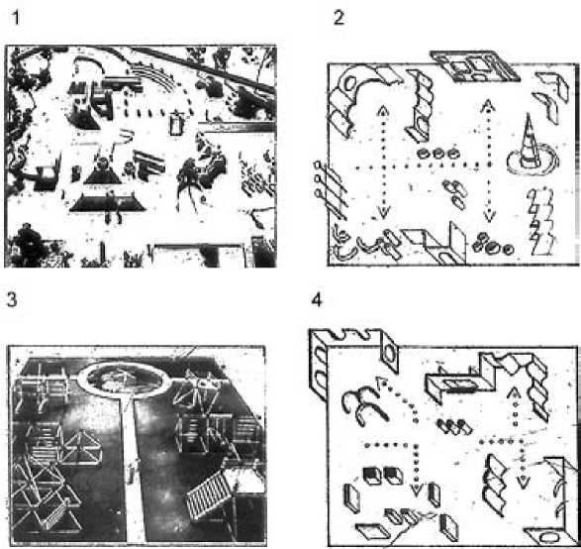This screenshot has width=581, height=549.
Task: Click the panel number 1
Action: click(x=15, y=18)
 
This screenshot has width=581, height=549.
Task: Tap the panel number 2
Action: click(x=339, y=18)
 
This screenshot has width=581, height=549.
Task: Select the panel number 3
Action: click(x=12, y=299)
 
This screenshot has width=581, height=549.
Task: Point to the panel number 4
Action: click(x=316, y=300)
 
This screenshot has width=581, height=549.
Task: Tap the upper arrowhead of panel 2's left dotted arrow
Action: click(x=383, y=111)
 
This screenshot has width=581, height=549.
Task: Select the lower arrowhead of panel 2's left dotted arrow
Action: click(x=383, y=212)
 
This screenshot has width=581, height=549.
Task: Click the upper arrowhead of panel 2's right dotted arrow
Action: click(x=488, y=106)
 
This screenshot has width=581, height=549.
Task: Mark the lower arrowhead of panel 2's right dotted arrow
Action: click(x=490, y=217)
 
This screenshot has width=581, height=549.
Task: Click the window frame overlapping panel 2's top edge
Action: click(x=474, y=66)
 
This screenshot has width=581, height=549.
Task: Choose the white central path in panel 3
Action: click(x=133, y=468)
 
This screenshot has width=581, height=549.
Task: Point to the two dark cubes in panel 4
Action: click(x=383, y=476)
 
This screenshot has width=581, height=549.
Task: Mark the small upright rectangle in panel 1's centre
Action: click(x=177, y=124)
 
